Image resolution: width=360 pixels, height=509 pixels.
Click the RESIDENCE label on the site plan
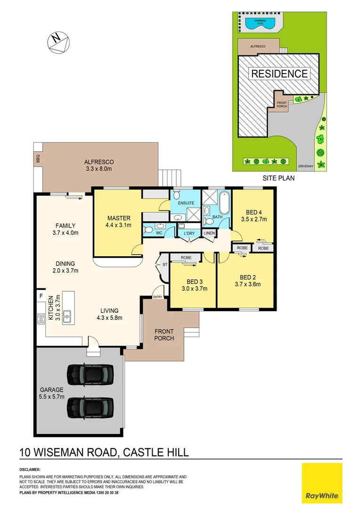tap(279, 74)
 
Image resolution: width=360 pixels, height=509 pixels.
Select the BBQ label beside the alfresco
tap(38, 161)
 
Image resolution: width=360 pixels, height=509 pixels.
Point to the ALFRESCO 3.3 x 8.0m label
tap(99, 165)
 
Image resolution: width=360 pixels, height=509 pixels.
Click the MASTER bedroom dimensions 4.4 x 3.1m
tap(119, 225)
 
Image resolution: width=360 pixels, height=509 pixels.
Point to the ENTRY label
tap(157, 297)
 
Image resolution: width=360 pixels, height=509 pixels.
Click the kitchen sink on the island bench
tap(68, 316)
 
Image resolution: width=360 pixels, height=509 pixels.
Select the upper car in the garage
tap(90, 374)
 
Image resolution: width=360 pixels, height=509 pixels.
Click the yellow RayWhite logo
tap(322, 483)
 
